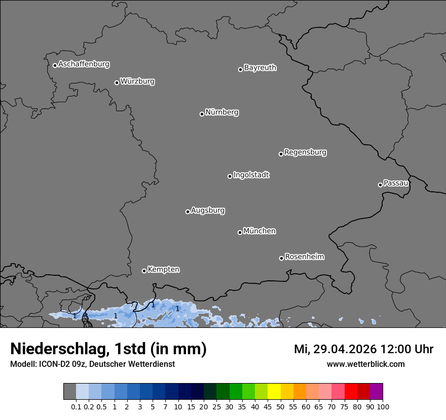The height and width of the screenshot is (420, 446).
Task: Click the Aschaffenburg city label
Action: [x=84, y=64]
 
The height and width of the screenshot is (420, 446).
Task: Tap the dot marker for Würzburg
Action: [x=117, y=82]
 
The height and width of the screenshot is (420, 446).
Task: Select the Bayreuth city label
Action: [x=260, y=68]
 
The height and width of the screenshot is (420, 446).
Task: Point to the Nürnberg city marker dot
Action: [x=202, y=114]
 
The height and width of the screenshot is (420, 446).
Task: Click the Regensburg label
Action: [x=305, y=152]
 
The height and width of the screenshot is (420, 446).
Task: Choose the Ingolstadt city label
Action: [x=251, y=175]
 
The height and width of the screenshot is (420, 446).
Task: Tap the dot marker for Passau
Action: [x=380, y=185]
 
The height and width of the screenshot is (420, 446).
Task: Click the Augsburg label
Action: [x=208, y=211]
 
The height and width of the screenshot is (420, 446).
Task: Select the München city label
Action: [x=259, y=231]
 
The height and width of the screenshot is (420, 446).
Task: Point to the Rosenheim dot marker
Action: [x=281, y=259]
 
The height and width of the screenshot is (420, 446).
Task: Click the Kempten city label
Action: [x=163, y=270]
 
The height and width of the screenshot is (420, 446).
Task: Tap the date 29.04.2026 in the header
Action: [x=343, y=349]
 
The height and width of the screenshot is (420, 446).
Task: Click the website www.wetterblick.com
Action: [x=365, y=364]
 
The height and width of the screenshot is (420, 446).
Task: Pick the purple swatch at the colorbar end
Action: [x=376, y=392]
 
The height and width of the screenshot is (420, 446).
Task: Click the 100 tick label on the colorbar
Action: [x=383, y=406]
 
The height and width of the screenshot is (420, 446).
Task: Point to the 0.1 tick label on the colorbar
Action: [x=76, y=406]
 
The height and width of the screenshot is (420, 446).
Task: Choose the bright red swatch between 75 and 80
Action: [x=351, y=392]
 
